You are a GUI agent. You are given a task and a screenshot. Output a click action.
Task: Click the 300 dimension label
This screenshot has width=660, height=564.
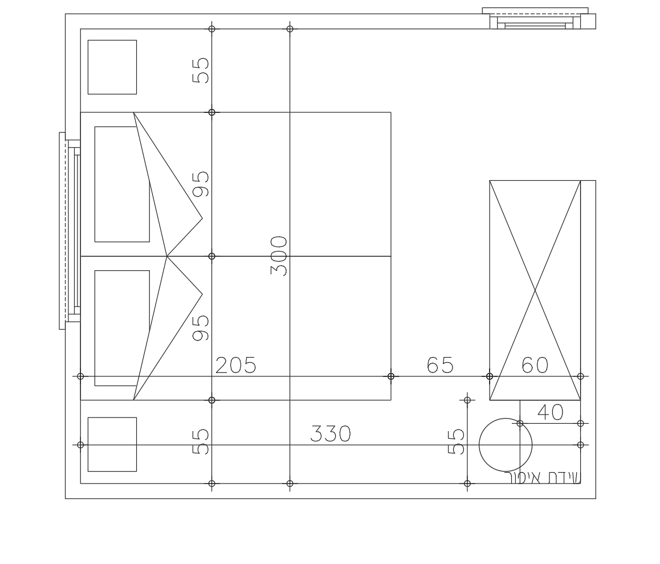tap(279, 255)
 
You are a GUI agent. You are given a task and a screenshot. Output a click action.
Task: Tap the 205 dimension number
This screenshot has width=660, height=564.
tap(236, 365)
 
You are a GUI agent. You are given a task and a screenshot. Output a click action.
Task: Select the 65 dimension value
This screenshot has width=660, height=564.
tap(440, 365)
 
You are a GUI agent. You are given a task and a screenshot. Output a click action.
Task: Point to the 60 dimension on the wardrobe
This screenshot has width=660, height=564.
tap(535, 365)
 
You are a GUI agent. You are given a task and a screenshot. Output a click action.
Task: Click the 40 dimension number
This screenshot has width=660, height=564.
tap(551, 412)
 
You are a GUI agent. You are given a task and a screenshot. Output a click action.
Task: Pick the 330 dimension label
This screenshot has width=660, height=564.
tap(331, 434)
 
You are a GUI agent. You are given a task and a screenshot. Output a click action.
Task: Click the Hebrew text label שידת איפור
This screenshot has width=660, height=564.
tap(542, 478)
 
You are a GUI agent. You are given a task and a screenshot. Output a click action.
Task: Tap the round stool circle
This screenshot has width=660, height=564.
tap(506, 418)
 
